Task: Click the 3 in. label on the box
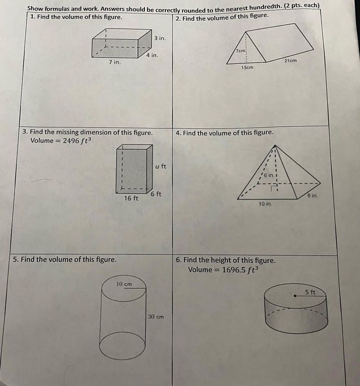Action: point(160,38)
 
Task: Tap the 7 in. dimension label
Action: point(115,62)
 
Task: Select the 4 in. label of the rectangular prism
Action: point(152,55)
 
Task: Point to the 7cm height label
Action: point(241,51)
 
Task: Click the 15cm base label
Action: point(247,67)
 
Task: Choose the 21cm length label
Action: point(290,60)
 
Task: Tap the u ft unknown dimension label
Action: point(161,166)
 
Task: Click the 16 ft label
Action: point(131,198)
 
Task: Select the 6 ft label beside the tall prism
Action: point(156,194)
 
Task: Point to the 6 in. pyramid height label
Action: point(269,175)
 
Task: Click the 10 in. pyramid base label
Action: point(265,204)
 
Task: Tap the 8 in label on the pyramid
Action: point(312,196)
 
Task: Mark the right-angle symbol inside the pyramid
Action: point(273,189)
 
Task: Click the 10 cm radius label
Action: point(124,284)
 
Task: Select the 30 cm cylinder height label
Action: point(156,316)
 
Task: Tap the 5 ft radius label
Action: point(310,292)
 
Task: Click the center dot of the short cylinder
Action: point(295,296)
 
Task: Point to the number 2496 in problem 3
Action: point(71,141)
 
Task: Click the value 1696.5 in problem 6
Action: point(234,270)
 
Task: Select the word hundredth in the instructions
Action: point(265,8)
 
